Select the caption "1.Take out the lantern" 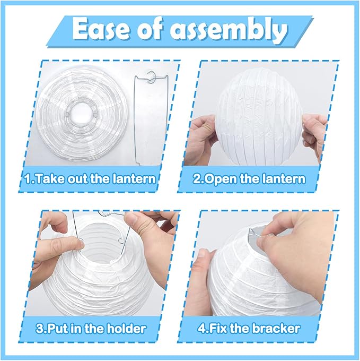pos(91,178)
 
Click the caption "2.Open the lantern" pos(249,178)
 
